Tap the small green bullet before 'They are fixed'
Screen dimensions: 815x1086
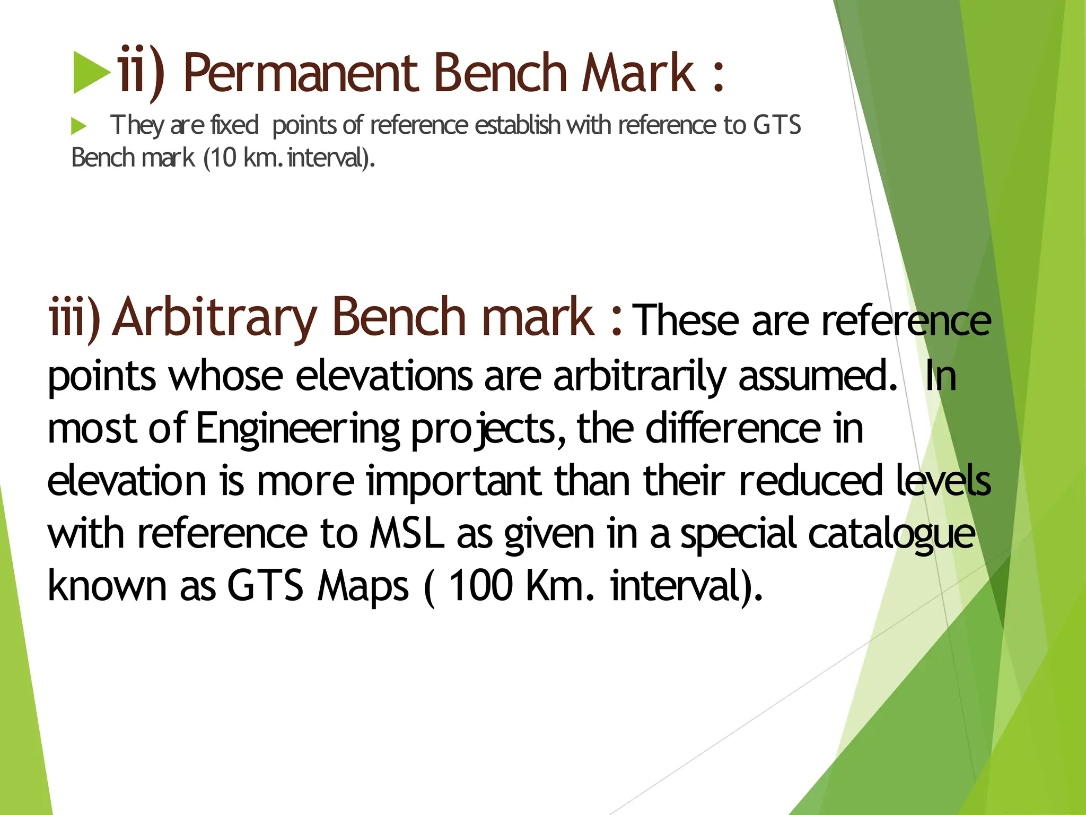click(x=79, y=126)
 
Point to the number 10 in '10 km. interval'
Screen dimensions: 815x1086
click(x=223, y=158)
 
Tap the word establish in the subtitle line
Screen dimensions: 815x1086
click(x=517, y=125)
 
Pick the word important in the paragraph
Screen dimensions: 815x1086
click(x=454, y=481)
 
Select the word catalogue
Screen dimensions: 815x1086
click(x=891, y=533)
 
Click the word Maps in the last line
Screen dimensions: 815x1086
click(x=363, y=586)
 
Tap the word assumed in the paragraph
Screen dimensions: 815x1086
click(x=817, y=376)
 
